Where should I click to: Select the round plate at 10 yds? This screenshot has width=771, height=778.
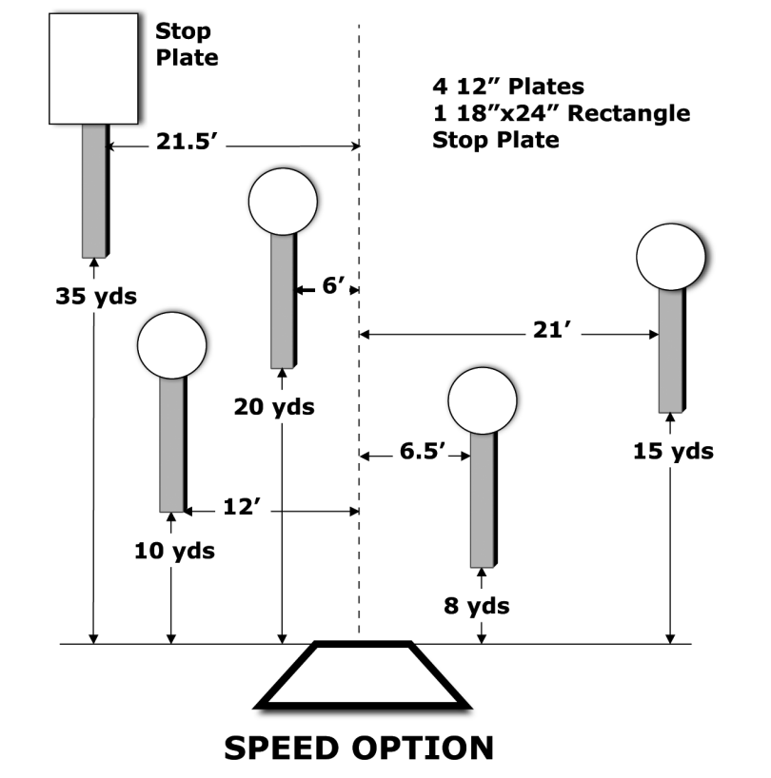[172, 346]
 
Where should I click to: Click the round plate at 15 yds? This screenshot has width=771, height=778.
[671, 256]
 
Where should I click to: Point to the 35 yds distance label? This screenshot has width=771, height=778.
[94, 296]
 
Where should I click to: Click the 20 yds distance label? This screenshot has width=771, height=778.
[275, 407]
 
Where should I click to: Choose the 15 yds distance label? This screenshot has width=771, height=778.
[673, 451]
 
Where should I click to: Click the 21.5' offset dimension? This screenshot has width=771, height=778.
[188, 145]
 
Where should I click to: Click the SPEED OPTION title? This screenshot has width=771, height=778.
[359, 747]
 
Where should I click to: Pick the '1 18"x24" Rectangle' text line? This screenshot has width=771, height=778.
[561, 114]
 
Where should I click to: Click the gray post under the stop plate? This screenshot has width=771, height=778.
[93, 190]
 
